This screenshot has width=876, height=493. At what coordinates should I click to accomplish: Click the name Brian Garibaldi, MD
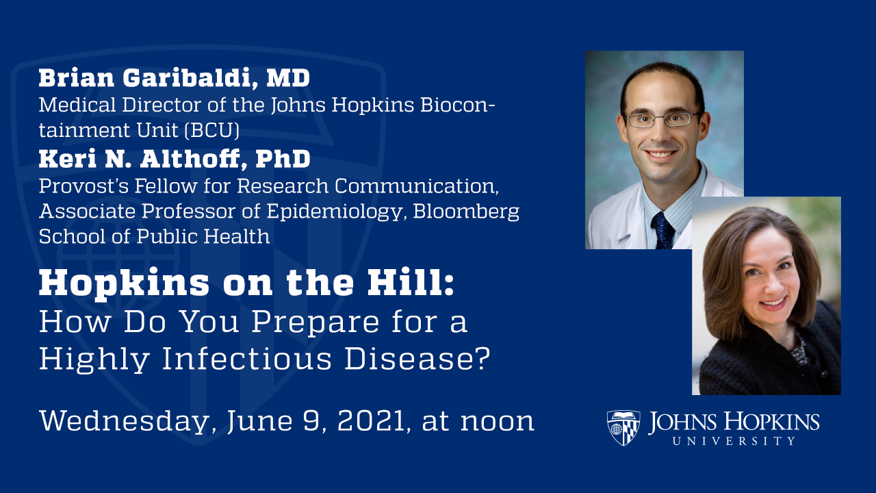(174, 78)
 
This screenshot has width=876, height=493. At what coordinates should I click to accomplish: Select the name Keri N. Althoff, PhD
(174, 160)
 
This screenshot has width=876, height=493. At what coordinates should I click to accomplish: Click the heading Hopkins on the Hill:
(246, 283)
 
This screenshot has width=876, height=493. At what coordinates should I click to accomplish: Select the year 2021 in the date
(372, 420)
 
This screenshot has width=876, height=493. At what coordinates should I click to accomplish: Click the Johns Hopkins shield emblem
(623, 428)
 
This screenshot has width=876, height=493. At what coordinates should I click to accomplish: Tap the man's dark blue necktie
(662, 230)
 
